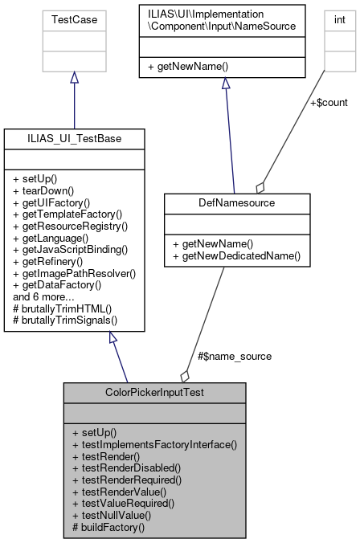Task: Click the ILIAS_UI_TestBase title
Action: point(75,139)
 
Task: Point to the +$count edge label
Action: point(329,103)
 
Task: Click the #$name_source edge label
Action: point(234,356)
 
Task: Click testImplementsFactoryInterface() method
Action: point(154,443)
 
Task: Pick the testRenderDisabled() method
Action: point(126,467)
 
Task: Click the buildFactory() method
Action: point(108,528)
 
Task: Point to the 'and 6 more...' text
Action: point(43,296)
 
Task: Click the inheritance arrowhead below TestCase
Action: point(74,78)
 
